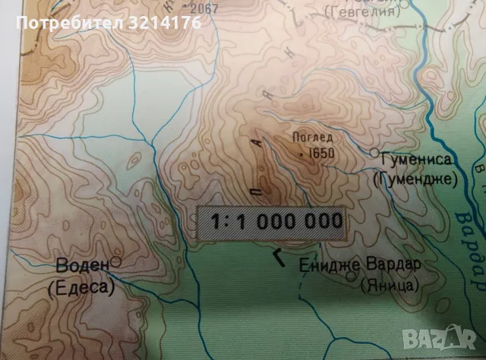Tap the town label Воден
(x=82, y=267)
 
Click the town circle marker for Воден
(x=116, y=262)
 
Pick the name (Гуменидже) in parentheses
(x=415, y=180)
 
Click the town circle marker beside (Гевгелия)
(x=405, y=3)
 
